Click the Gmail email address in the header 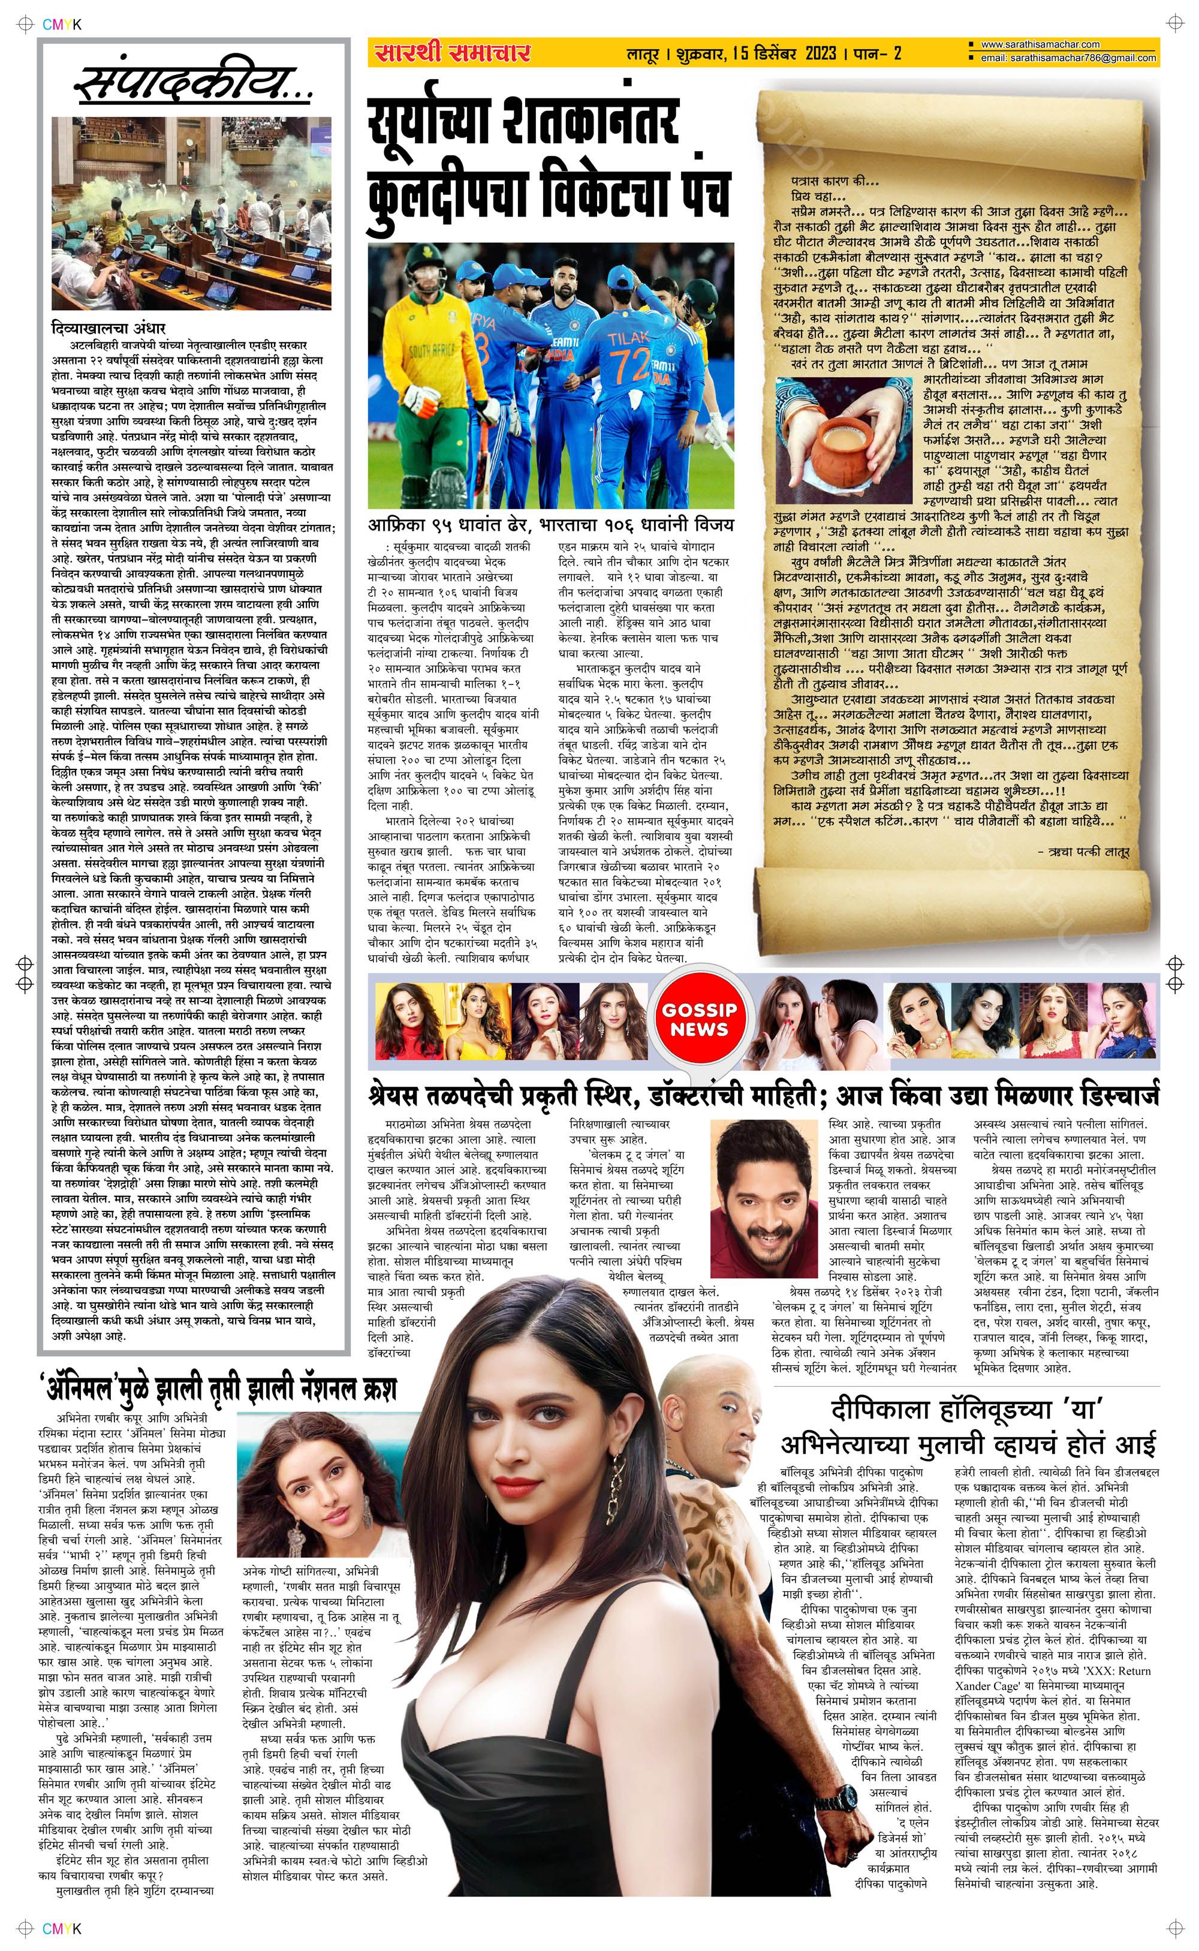click(1067, 59)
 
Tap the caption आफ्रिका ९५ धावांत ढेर click(447, 524)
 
